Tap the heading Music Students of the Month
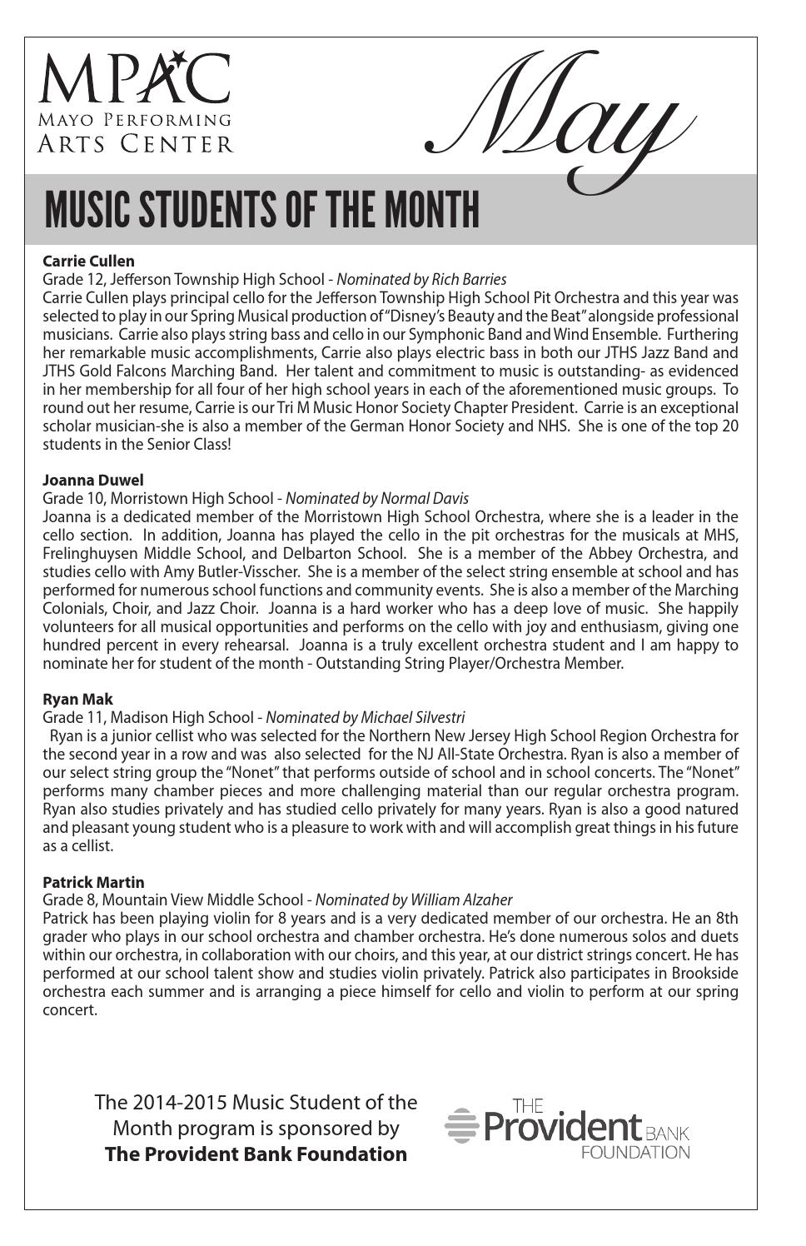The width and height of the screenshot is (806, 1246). click(x=261, y=209)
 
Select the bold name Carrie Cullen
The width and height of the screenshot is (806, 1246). click(x=88, y=261)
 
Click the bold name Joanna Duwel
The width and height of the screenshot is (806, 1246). click(x=92, y=480)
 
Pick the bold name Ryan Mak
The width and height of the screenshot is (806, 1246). click(x=77, y=699)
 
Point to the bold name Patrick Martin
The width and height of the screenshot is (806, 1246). click(x=92, y=881)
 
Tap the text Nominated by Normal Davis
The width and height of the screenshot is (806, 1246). click(x=376, y=498)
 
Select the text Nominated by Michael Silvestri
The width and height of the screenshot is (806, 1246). click(x=365, y=717)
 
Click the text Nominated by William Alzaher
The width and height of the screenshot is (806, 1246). click(x=413, y=900)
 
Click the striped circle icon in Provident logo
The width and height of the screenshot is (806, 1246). click(x=461, y=1125)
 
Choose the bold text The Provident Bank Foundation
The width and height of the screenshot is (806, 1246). click(x=256, y=1154)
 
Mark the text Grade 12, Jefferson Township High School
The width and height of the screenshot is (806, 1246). click(x=183, y=279)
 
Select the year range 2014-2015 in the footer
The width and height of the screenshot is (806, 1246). click(x=178, y=1102)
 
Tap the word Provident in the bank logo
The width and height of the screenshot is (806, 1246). click(x=563, y=1128)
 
